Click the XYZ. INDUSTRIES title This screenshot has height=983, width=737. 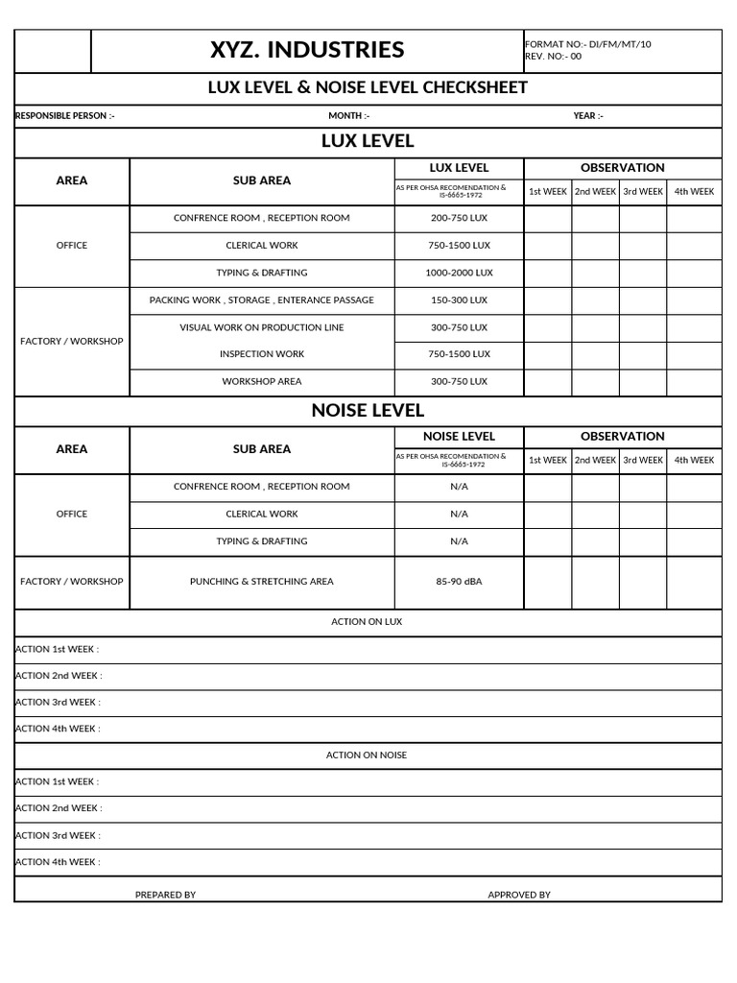[307, 51]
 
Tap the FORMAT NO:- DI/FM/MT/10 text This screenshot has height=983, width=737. [587, 44]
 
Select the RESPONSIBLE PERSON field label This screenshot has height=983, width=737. [65, 116]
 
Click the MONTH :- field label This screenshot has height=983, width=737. [348, 116]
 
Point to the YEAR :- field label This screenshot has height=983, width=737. [588, 116]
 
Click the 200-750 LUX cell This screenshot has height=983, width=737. [459, 218]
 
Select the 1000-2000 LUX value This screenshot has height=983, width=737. [459, 273]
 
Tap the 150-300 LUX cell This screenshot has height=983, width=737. [459, 300]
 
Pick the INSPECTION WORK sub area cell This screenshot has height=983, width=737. [262, 354]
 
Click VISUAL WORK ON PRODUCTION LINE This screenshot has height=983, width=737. [262, 327]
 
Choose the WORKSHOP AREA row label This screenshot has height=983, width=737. [262, 381]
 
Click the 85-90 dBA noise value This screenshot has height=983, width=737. [459, 582]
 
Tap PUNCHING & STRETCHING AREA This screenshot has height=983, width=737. [262, 582]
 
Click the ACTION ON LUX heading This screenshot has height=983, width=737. [367, 622]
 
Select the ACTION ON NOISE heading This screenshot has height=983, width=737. [367, 755]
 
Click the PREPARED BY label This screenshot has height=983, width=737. [165, 895]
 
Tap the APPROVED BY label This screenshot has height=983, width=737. [519, 895]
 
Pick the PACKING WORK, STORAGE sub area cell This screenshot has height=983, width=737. [262, 300]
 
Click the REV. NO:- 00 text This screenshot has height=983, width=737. [554, 56]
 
